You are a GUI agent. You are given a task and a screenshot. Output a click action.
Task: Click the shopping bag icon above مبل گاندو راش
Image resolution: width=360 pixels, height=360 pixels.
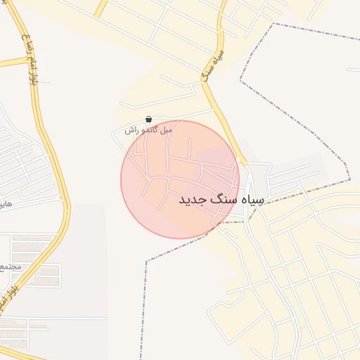148,120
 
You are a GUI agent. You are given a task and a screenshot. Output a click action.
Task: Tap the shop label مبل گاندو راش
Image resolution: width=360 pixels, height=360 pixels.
148,130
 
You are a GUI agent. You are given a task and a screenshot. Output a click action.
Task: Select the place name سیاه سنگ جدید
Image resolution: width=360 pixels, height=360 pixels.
221,200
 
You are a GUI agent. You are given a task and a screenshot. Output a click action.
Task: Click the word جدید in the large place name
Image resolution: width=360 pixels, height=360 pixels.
193,200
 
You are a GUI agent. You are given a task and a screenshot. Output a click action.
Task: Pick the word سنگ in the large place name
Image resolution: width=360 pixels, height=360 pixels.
224,200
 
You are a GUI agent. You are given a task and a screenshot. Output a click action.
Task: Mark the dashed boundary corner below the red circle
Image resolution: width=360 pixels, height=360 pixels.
148,262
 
